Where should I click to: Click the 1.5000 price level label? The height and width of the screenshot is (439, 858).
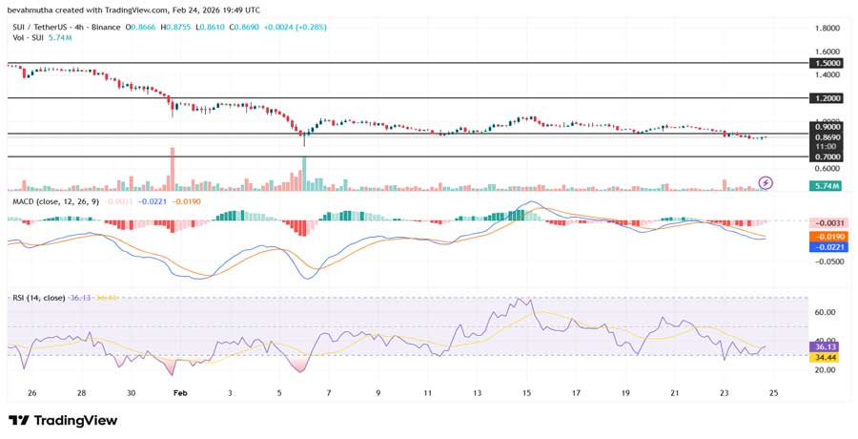point(826,63)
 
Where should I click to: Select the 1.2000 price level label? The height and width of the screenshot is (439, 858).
point(826,98)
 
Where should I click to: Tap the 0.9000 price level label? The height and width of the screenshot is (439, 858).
point(826,126)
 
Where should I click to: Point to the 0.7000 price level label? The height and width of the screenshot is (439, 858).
point(826,157)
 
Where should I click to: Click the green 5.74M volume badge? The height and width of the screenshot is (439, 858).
point(824,186)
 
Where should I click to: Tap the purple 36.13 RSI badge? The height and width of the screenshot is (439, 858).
point(823,346)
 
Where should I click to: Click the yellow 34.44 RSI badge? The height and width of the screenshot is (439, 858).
point(823,357)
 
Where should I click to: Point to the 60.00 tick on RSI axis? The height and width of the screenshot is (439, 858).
point(826,312)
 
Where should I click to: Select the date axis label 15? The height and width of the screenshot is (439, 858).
point(527,392)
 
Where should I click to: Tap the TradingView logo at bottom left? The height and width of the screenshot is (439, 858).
point(63,420)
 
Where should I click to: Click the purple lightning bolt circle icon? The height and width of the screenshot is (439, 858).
point(765,182)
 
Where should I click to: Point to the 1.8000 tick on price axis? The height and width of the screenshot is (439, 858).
point(826,29)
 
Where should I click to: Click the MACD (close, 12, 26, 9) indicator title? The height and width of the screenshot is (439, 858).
point(53,201)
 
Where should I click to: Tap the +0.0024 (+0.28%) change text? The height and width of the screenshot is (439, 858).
point(295,28)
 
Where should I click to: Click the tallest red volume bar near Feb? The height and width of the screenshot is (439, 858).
point(173,169)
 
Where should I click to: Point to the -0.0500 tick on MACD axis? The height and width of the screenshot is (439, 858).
point(826,261)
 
